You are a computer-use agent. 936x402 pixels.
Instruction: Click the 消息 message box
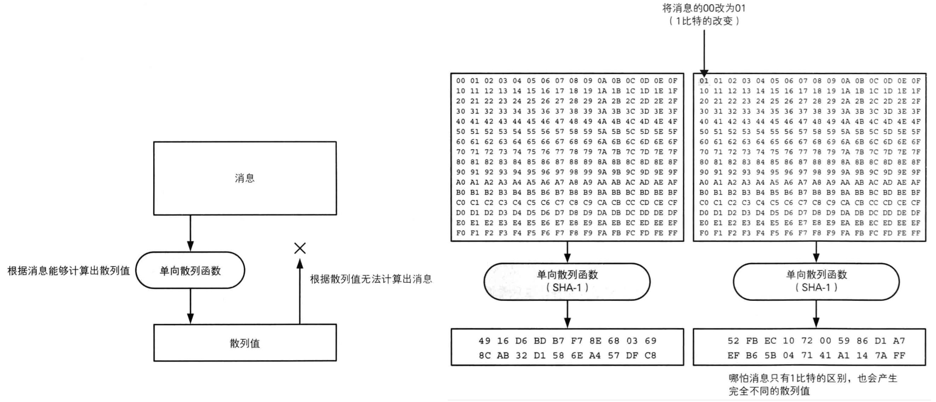click(244, 178)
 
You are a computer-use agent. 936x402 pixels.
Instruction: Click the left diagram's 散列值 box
click(244, 343)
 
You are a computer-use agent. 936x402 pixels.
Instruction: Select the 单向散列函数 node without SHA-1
click(190, 271)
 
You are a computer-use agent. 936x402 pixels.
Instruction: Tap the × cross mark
click(300, 248)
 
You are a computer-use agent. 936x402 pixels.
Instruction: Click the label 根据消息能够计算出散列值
click(69, 271)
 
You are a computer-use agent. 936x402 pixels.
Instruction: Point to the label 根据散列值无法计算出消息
click(370, 279)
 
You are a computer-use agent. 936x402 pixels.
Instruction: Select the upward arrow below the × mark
click(300, 290)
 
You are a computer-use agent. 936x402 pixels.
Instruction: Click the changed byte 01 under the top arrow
click(704, 81)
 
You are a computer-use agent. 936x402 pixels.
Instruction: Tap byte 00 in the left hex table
click(460, 81)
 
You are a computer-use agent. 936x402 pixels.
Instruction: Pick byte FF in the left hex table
click(672, 233)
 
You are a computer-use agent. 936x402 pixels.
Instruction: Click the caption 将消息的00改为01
click(704, 8)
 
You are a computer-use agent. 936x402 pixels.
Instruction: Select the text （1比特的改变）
click(704, 21)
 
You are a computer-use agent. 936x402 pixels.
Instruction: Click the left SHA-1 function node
click(567, 282)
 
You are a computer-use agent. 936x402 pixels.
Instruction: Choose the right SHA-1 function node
click(816, 282)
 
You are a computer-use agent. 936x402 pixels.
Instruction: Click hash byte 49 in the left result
click(484, 341)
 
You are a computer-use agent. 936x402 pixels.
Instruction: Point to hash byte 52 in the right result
click(733, 341)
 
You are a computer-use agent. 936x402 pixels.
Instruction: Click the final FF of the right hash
click(899, 355)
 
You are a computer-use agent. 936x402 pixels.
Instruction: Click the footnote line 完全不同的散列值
click(769, 391)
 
